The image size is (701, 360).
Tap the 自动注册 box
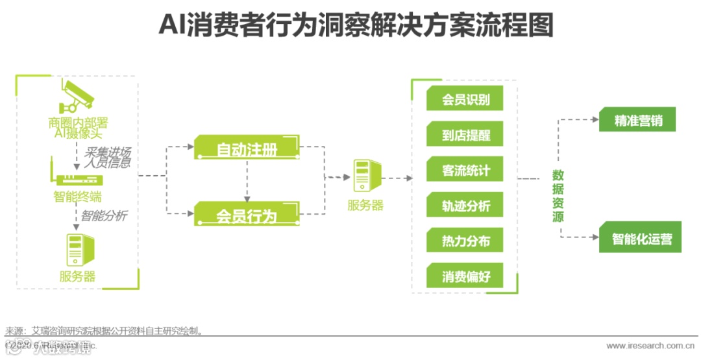(247, 149)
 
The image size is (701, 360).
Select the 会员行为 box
(247, 214)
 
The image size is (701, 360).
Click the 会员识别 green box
(465, 100)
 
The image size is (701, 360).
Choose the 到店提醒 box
(465, 136)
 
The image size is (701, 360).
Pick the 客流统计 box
(465, 171)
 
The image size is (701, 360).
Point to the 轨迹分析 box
(465, 206)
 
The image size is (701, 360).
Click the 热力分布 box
(465, 241)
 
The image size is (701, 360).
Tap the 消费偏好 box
(465, 276)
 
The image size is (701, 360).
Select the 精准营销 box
(637, 120)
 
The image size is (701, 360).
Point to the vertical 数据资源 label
(558, 196)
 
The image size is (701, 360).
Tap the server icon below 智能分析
(77, 250)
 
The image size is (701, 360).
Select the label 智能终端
(77, 197)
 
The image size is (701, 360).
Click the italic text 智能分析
(103, 215)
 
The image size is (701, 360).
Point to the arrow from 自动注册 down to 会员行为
(247, 180)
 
